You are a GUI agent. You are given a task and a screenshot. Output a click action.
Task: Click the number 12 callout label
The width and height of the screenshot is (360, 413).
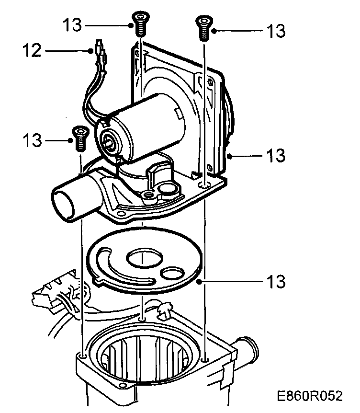pyautogui.click(x=32, y=50)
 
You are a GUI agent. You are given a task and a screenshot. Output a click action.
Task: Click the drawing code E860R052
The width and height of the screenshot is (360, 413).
pyautogui.click(x=310, y=396)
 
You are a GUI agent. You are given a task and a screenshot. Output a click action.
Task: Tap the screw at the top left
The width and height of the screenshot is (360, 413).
pyautogui.click(x=141, y=23)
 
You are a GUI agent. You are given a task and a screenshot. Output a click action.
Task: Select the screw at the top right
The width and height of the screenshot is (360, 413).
pyautogui.click(x=204, y=28)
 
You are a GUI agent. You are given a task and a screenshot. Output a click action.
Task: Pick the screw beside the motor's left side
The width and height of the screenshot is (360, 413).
pyautogui.click(x=80, y=138)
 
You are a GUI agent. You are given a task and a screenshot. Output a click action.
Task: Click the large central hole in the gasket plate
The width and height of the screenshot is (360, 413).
pyautogui.click(x=144, y=258)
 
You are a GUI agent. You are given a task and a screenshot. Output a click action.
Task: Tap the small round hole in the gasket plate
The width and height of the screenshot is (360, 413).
pyautogui.click(x=172, y=274)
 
